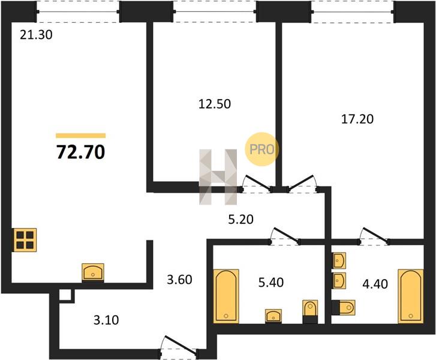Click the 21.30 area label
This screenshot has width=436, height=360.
tap(36, 35)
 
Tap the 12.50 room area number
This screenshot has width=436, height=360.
tap(215, 104)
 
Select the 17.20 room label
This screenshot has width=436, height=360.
tap(357, 119)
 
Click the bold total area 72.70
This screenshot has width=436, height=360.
tap(80, 152)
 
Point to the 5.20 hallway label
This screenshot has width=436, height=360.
tap(241, 220)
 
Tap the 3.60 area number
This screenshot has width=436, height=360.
tap(179, 280)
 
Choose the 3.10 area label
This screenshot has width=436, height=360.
tap(106, 320)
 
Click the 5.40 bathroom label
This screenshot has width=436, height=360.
tap(271, 283)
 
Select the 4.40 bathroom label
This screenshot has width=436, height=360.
tap(375, 284)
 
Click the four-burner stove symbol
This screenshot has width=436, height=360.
tap(25, 240)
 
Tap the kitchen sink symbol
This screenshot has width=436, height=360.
tap(93, 272)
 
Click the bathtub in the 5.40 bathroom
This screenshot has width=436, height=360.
tap(225, 296)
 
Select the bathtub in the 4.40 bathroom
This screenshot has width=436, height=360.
tap(411, 296)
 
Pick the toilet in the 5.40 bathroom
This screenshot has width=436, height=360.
tap(310, 311)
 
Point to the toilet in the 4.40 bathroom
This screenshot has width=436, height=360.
tap(344, 308)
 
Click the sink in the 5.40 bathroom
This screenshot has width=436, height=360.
tap(273, 316)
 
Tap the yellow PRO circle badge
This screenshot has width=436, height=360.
tap(261, 149)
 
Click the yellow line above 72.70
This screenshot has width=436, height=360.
tap(80, 136)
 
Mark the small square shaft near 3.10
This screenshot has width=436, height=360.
tap(67, 295)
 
